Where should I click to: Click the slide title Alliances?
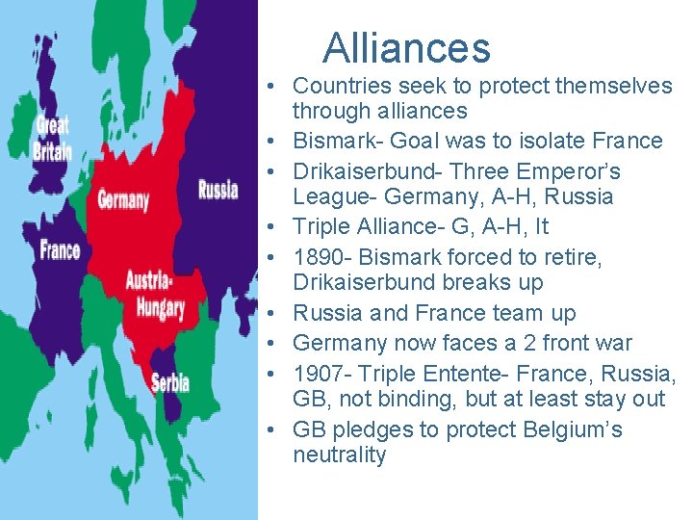click(x=406, y=48)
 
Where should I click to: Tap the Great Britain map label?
click(x=52, y=138)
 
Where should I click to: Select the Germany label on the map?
click(x=123, y=200)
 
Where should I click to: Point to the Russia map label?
click(x=218, y=189)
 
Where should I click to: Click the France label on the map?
click(x=60, y=250)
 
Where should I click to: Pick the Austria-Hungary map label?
click(x=155, y=296)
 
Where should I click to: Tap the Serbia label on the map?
click(x=170, y=382)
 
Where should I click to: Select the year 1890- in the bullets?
click(x=323, y=257)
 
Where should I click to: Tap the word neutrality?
click(x=339, y=455)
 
